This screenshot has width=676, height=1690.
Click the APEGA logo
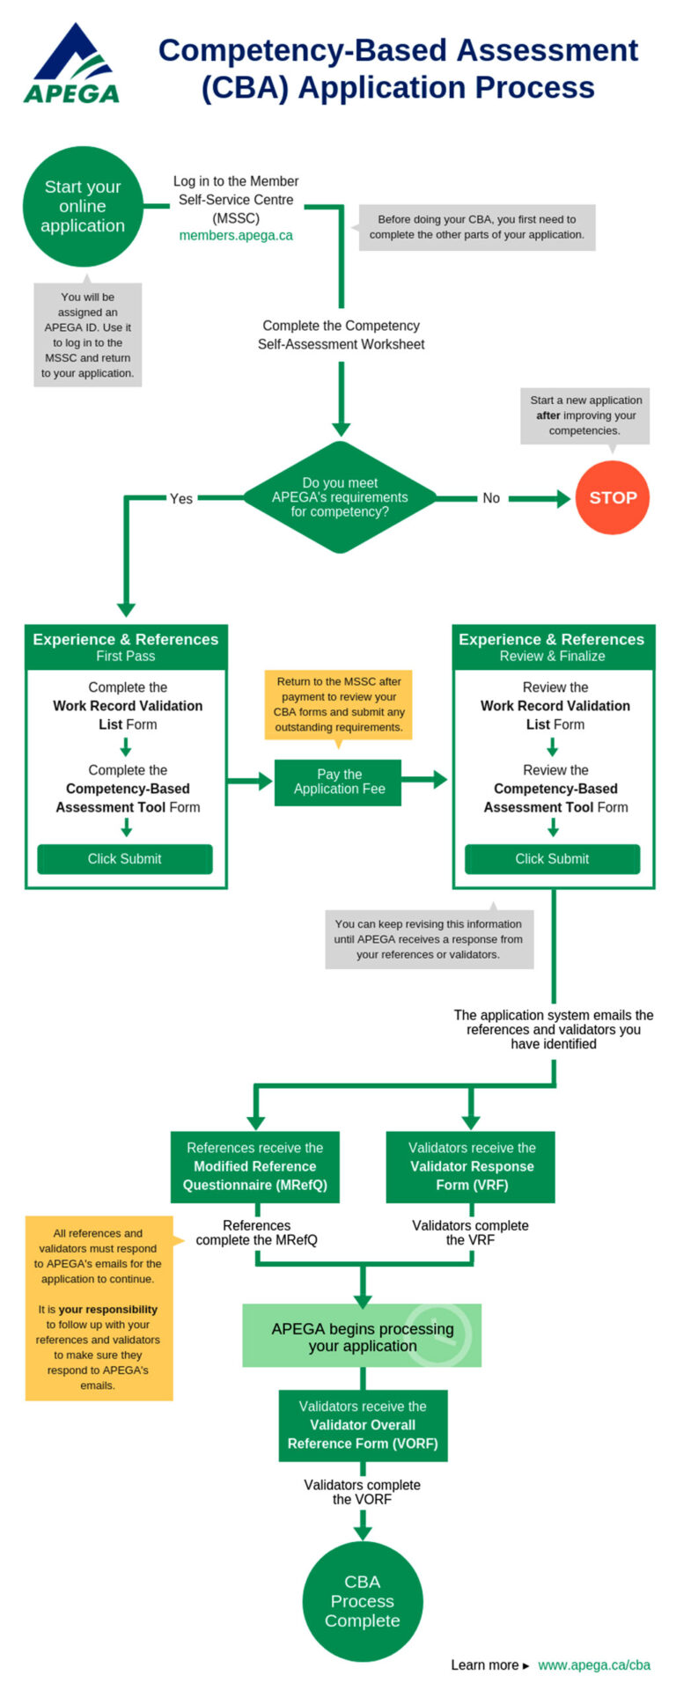(71, 64)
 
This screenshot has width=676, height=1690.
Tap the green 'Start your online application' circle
(83, 206)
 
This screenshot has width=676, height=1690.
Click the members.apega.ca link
(236, 236)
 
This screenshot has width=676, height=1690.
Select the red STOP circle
(613, 497)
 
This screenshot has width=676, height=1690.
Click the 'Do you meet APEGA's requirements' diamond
(340, 497)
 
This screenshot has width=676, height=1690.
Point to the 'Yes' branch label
(180, 498)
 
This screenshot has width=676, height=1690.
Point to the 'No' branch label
(490, 498)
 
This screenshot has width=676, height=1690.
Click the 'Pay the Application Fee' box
(339, 782)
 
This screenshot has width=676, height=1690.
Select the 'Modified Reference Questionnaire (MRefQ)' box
(254, 1166)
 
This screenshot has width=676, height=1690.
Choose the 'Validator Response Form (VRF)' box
(471, 1166)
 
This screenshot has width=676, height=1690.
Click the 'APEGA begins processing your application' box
(362, 1336)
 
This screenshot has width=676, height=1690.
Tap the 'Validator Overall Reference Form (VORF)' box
(363, 1425)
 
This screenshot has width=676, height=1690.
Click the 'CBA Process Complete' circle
(362, 1601)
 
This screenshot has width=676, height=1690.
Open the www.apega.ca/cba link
(594, 1664)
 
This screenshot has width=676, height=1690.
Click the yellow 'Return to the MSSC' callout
(339, 704)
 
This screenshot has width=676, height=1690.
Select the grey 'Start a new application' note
(585, 415)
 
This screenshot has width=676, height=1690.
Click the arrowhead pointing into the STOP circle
(563, 499)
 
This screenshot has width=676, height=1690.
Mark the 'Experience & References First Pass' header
(126, 647)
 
